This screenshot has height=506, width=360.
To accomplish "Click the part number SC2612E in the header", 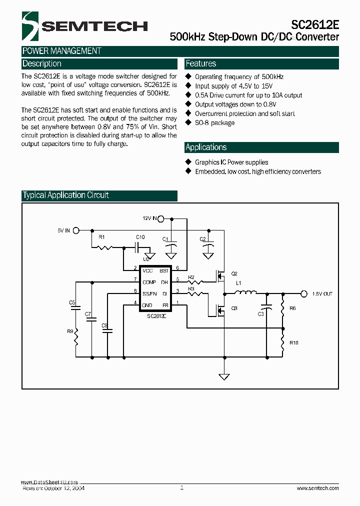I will click(315, 25).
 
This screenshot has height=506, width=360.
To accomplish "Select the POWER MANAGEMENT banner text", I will click(62, 51).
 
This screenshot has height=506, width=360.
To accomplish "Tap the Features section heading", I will click(200, 64).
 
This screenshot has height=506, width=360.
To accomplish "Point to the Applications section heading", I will click(206, 147).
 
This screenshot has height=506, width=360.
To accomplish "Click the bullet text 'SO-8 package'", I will click(214, 123).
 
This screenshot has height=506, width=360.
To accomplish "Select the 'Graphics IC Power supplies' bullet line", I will click(231, 162).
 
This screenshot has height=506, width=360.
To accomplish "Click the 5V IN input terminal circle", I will click(76, 230).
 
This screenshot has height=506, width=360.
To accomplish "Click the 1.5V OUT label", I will click(322, 294).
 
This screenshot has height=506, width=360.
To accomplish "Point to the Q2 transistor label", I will click(234, 273).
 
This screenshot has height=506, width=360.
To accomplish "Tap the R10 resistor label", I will click(293, 342).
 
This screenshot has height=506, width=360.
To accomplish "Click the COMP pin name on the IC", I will click(149, 282).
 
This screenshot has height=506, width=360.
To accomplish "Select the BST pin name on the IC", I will click(163, 270).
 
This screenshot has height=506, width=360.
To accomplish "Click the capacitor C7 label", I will click(88, 314).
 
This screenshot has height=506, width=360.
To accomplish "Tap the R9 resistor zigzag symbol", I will click(76, 340).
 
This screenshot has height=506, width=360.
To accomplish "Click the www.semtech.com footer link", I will click(317, 488).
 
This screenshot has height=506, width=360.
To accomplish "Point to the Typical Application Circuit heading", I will click(65, 195).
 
